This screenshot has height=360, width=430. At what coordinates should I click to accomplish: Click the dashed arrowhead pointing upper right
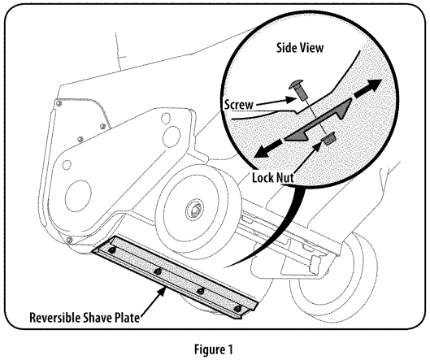pos(375,85)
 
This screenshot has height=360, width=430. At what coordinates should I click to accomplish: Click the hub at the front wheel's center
pos(197,213)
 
